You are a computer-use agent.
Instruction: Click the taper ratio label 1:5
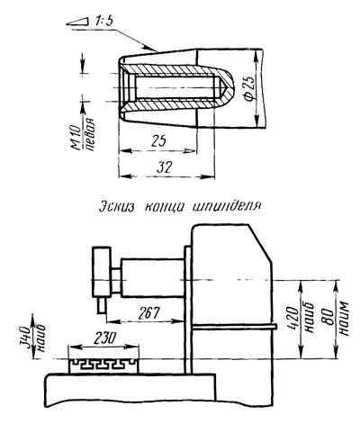point(103,23)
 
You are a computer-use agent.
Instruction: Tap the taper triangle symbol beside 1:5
point(77,22)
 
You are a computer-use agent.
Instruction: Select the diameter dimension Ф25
point(248,88)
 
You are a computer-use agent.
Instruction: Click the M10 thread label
point(76,138)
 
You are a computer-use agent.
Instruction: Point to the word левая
point(89,134)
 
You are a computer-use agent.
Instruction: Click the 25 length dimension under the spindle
point(158,141)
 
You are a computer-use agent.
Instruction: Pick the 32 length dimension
point(165,167)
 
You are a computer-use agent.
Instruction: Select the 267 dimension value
point(148,313)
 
